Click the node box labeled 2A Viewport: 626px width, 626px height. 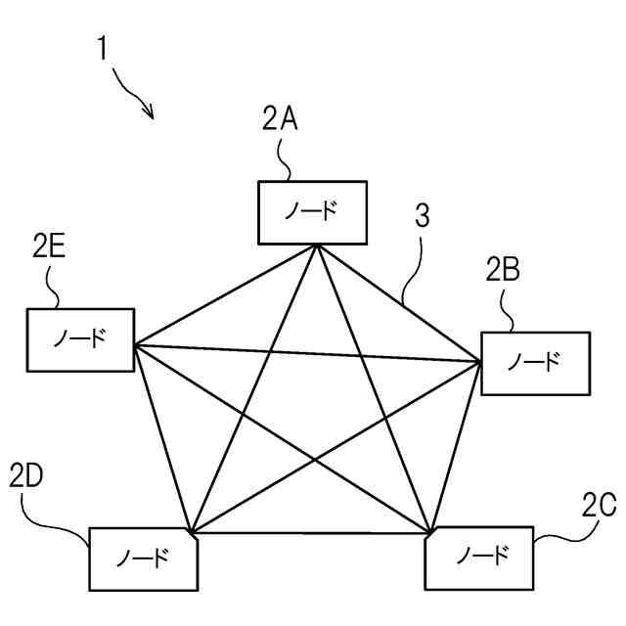[x=313, y=212]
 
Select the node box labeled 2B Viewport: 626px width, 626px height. [x=535, y=363]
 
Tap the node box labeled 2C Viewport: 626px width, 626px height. [x=480, y=559]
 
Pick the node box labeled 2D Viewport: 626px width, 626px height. [x=143, y=559]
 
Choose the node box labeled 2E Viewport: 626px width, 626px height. [x=80, y=339]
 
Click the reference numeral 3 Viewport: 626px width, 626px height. [x=422, y=217]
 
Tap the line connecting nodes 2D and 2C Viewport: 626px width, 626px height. [x=313, y=533]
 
